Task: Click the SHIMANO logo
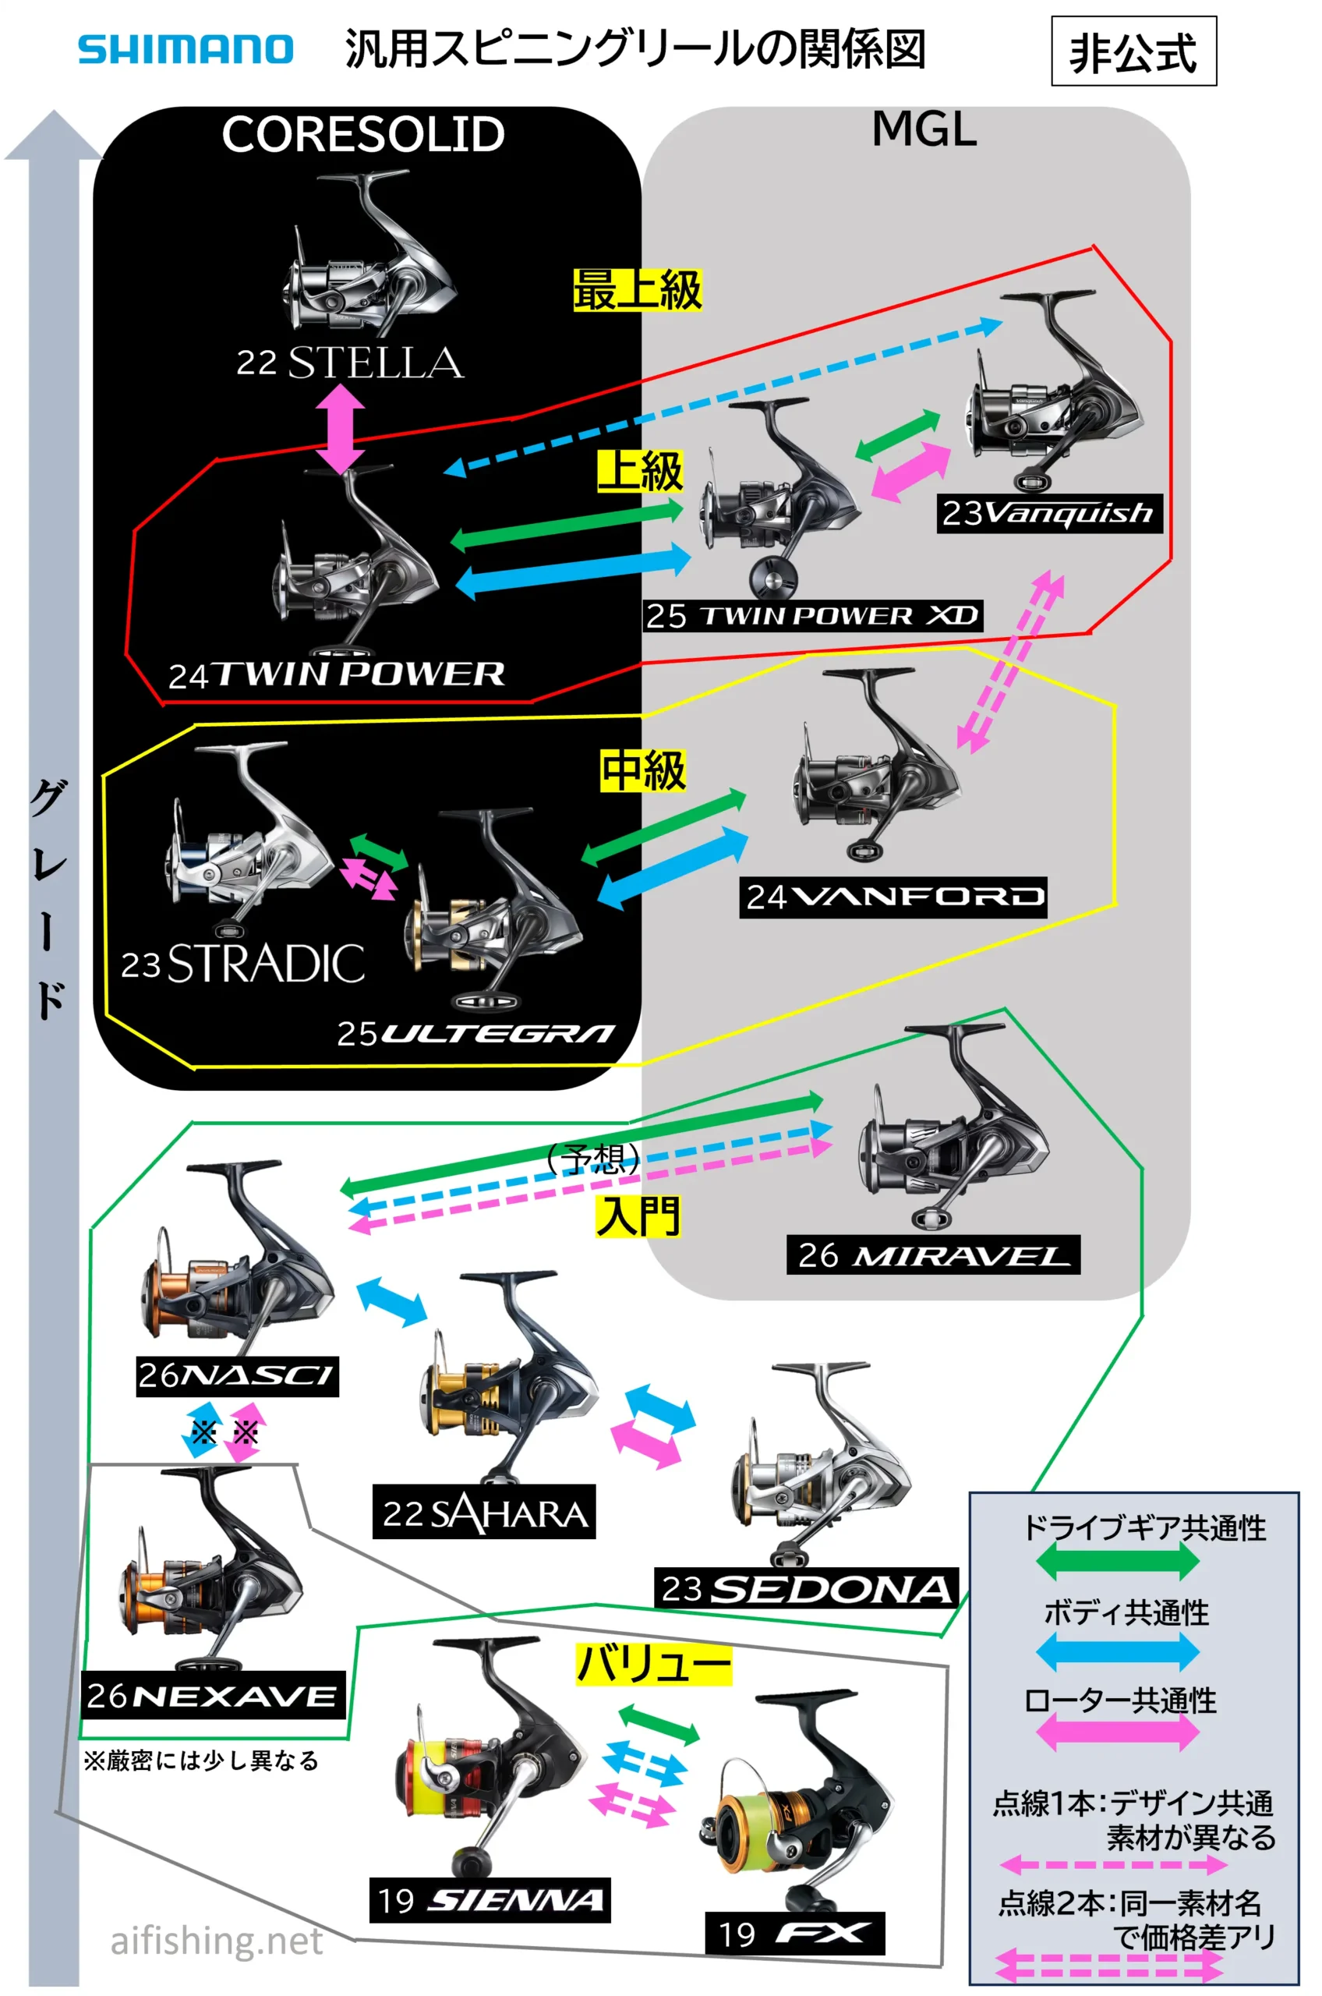186,49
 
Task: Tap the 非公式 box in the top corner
1133,51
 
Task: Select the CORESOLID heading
363,134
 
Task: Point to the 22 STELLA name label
350,363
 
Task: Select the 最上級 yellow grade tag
638,290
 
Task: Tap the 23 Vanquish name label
1050,513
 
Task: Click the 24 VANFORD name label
893,897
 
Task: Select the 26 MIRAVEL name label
933,1255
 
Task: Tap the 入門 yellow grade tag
638,1216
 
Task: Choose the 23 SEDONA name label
807,1588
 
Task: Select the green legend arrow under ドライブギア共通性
1118,1561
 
